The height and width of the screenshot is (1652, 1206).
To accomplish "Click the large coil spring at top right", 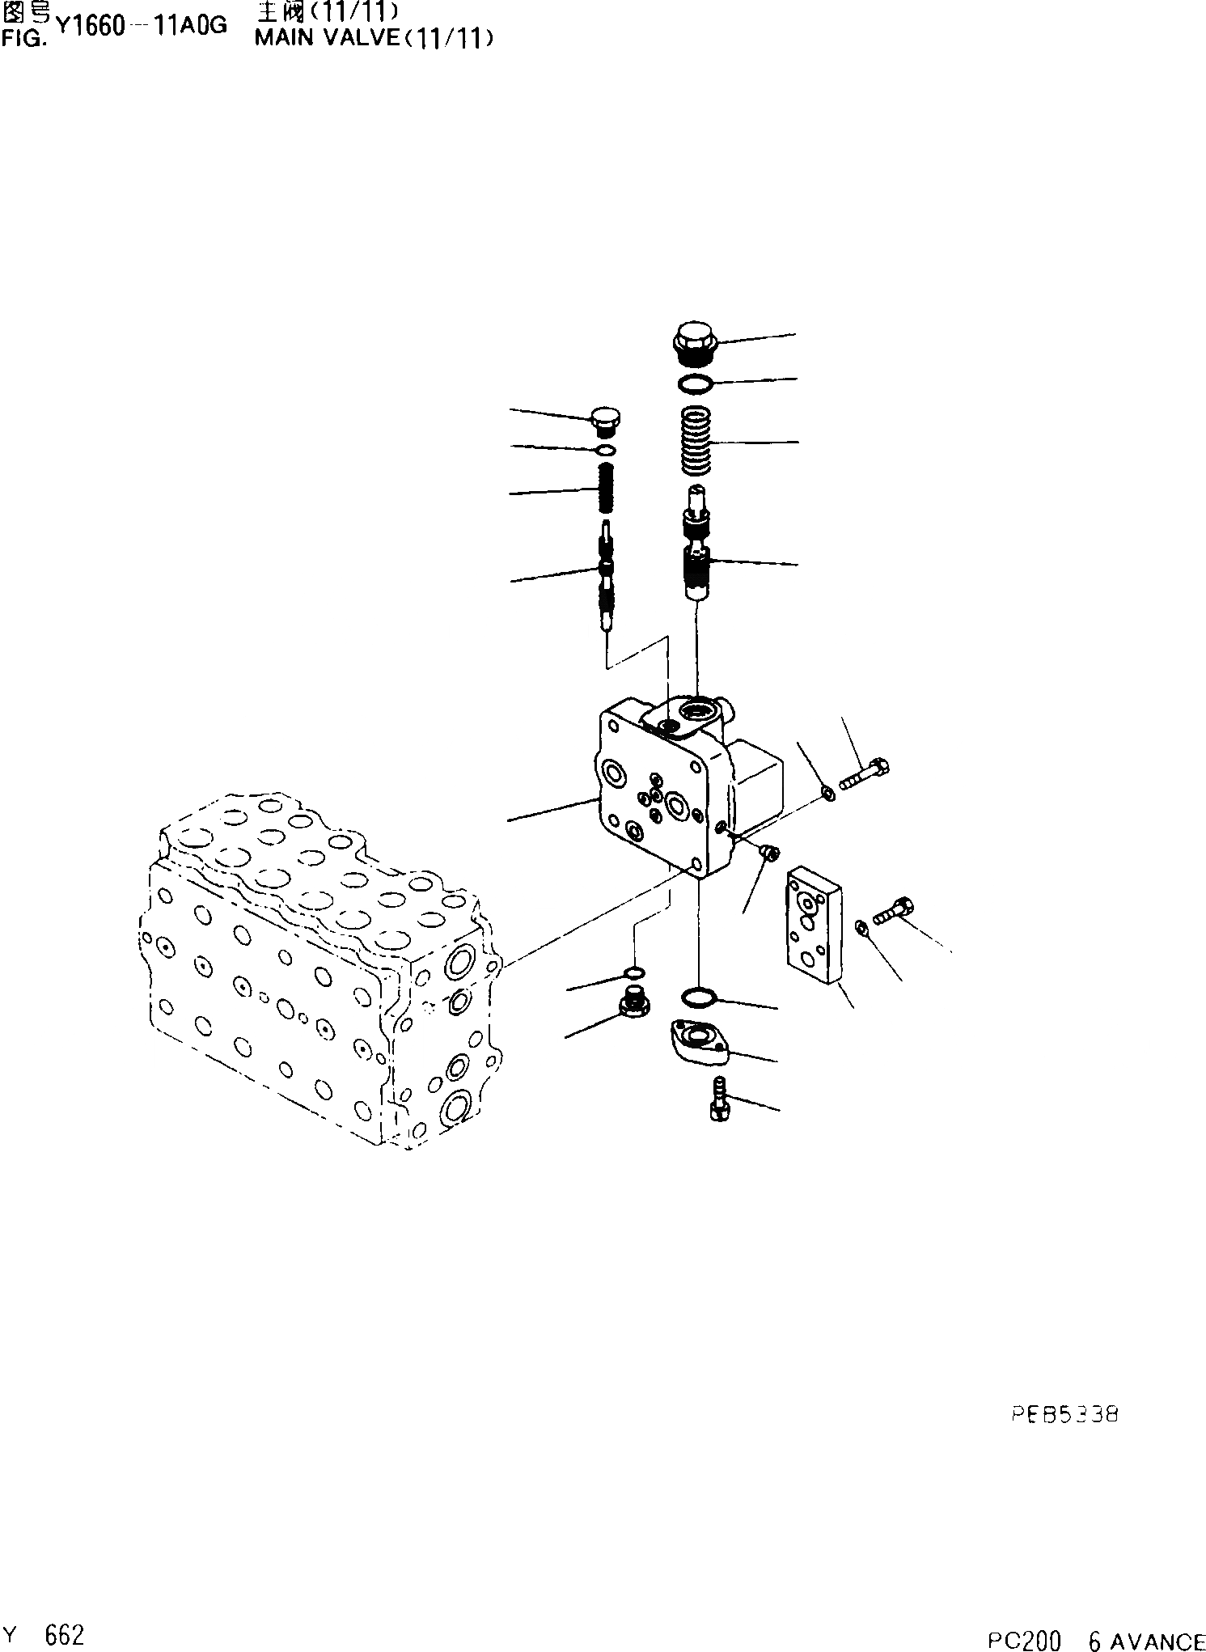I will (695, 442).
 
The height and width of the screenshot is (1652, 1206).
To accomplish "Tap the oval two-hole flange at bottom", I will (699, 1041).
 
